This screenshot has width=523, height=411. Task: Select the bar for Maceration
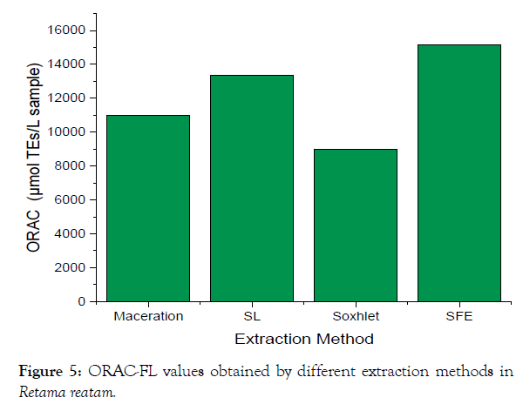click(x=148, y=208)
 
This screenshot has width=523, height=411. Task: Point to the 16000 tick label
click(x=66, y=30)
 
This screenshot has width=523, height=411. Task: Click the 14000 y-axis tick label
click(x=66, y=64)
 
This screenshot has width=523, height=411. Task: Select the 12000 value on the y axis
click(x=66, y=98)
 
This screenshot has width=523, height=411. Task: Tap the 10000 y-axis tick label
click(x=66, y=132)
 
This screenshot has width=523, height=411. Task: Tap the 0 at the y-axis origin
click(x=80, y=301)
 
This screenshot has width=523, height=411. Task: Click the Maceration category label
click(x=148, y=316)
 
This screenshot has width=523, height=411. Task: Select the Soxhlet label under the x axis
click(x=356, y=316)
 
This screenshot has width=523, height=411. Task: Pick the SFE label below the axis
click(x=459, y=316)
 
